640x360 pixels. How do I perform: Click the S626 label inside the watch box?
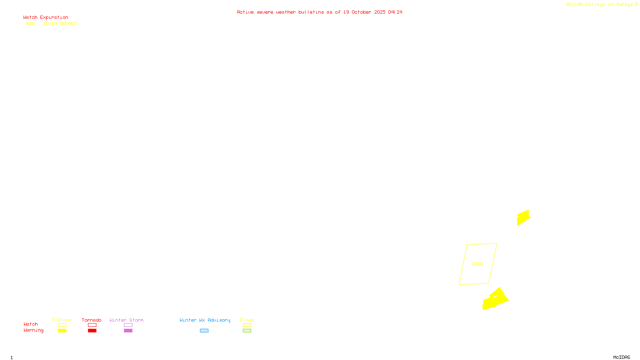click(477, 264)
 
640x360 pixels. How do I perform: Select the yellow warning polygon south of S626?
click(495, 300)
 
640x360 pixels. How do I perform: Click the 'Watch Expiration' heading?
click(46, 18)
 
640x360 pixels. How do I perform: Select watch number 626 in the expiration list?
click(30, 24)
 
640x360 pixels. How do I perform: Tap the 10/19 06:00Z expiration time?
click(60, 24)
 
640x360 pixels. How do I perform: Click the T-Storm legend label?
click(62, 320)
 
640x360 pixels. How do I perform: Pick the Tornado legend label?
click(92, 320)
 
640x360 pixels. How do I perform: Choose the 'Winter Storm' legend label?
click(126, 320)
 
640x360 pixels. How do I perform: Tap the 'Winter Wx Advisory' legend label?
click(205, 320)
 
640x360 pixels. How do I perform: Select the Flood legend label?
click(247, 320)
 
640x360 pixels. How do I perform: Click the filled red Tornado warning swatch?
click(92, 331)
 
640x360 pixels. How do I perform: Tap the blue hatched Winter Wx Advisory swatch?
click(204, 331)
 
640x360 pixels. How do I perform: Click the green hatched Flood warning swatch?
click(247, 331)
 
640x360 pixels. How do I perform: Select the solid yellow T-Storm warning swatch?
click(62, 331)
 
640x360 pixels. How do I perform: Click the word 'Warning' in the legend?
click(33, 330)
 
